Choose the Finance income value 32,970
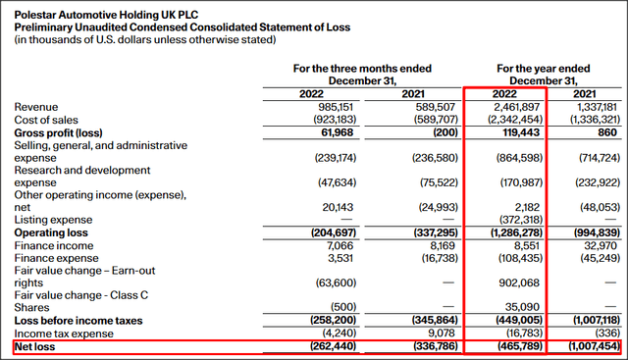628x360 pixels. click(x=599, y=245)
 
